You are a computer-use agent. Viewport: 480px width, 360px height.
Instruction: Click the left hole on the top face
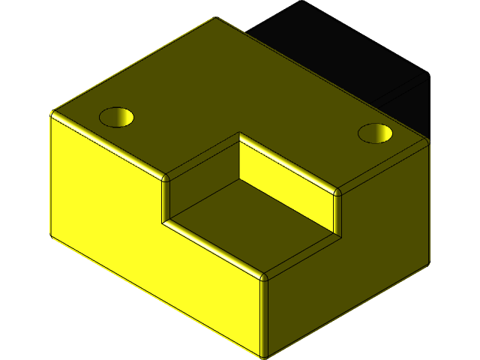(116, 117)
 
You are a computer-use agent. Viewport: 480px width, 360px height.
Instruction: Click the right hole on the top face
(376, 133)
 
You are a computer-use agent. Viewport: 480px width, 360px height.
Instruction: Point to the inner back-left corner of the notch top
(240, 135)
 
